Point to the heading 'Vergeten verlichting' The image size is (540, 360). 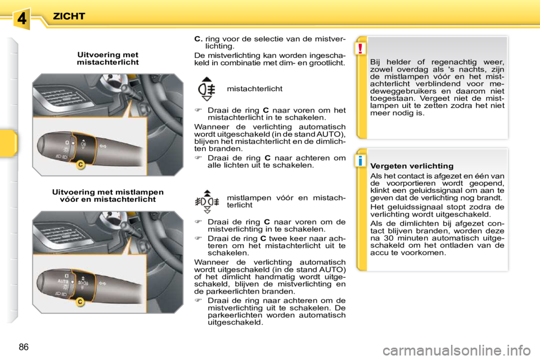pos(412,166)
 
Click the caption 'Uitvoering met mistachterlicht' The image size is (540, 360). pos(107,58)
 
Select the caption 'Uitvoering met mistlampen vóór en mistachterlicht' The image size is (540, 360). pos(107,196)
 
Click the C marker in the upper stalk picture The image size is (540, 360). pos(80,164)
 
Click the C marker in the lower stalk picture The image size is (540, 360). pos(80,302)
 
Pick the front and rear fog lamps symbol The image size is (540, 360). pos(207,199)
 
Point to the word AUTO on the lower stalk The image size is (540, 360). pos(64,280)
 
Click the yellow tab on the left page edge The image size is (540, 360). pos(8,143)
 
